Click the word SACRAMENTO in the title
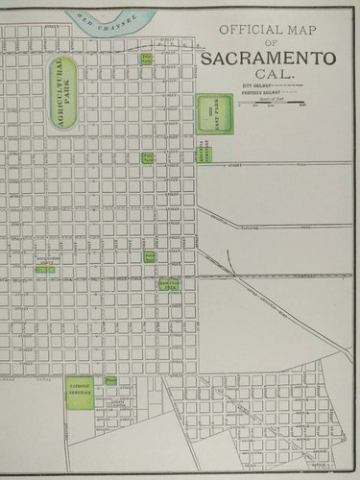pyautogui.click(x=268, y=60)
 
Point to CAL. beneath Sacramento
pyautogui.click(x=269, y=75)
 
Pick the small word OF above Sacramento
pyautogui.click(x=270, y=44)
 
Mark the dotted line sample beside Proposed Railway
pyautogui.click(x=293, y=94)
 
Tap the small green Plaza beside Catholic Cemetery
pyautogui.click(x=111, y=381)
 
